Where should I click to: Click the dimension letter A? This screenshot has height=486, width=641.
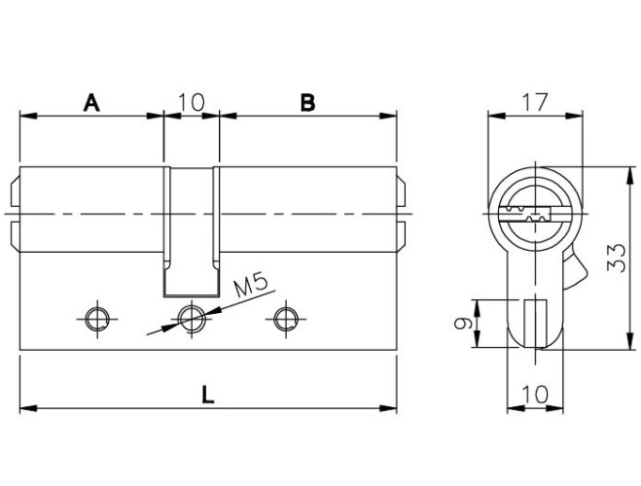[x=91, y=102]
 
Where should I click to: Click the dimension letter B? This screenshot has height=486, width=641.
[x=307, y=102]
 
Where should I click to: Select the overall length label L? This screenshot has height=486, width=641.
[x=208, y=395]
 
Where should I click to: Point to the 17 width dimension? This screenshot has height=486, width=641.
[x=535, y=102]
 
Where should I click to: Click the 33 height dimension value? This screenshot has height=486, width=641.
[x=616, y=258]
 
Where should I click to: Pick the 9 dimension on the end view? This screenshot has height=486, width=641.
[x=464, y=324]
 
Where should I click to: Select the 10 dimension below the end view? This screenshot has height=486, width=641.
[x=535, y=394]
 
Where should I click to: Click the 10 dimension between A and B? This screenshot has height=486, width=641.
[x=192, y=102]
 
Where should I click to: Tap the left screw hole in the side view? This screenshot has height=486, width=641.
[x=97, y=319]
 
